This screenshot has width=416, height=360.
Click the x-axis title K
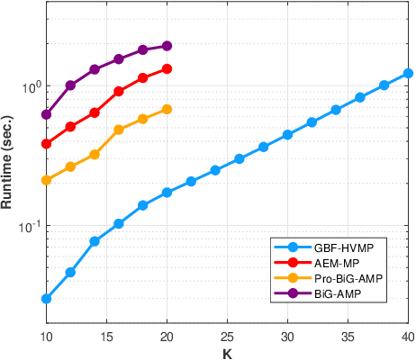tap(227, 353)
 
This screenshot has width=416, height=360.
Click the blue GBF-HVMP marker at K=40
tap(408, 73)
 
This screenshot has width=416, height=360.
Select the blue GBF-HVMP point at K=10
tap(46, 299)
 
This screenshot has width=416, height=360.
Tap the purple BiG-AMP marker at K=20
tap(167, 45)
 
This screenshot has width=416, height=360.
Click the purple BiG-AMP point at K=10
tap(46, 114)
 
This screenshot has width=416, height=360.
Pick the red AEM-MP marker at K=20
tap(167, 68)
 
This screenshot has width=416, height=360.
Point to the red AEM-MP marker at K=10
tap(46, 144)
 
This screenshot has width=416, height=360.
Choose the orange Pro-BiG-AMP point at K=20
tap(167, 109)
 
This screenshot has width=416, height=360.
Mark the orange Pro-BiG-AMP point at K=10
tap(46, 180)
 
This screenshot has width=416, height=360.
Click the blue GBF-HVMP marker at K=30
tap(287, 134)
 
